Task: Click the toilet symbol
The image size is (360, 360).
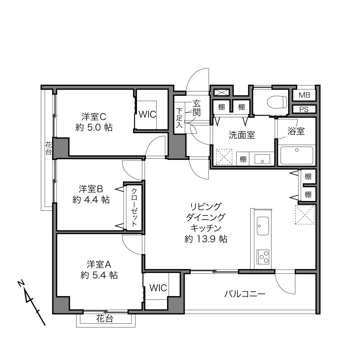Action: (277, 102)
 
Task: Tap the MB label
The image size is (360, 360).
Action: (304, 95)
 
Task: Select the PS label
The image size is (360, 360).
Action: (304, 110)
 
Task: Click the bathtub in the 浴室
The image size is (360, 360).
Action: (297, 156)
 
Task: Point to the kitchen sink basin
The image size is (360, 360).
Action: (263, 226)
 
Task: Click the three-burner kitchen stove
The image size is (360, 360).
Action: (263, 257)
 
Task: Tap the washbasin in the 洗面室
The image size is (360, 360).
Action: (262, 159)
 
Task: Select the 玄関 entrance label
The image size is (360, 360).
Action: (196, 108)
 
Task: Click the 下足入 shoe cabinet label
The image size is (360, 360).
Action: (179, 118)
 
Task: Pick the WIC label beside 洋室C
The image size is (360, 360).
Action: (147, 114)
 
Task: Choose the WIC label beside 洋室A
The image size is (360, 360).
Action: (158, 288)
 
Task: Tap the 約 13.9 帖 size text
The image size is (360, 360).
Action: (206, 239)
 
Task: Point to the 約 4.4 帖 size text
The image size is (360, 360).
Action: (91, 200)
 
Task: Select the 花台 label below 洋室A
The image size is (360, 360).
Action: (105, 319)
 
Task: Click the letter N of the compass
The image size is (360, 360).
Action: (21, 284)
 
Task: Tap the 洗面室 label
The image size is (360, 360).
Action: (242, 135)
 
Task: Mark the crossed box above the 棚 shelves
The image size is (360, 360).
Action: (221, 93)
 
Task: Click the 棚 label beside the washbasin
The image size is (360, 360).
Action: (243, 159)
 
